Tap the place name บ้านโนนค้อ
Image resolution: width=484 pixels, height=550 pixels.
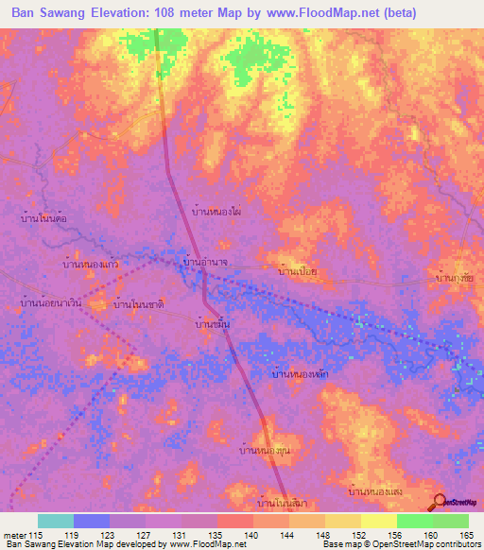tap(44, 217)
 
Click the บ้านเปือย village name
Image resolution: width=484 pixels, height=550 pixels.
tap(303, 272)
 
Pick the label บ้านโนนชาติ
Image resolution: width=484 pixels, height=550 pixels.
tap(139, 305)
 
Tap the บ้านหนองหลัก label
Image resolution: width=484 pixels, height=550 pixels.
tap(300, 375)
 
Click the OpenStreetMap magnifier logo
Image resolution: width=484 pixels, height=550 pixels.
tap(441, 503)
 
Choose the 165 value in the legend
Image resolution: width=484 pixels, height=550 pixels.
tap(467, 537)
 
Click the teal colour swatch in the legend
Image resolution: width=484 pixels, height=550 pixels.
tap(56, 521)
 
